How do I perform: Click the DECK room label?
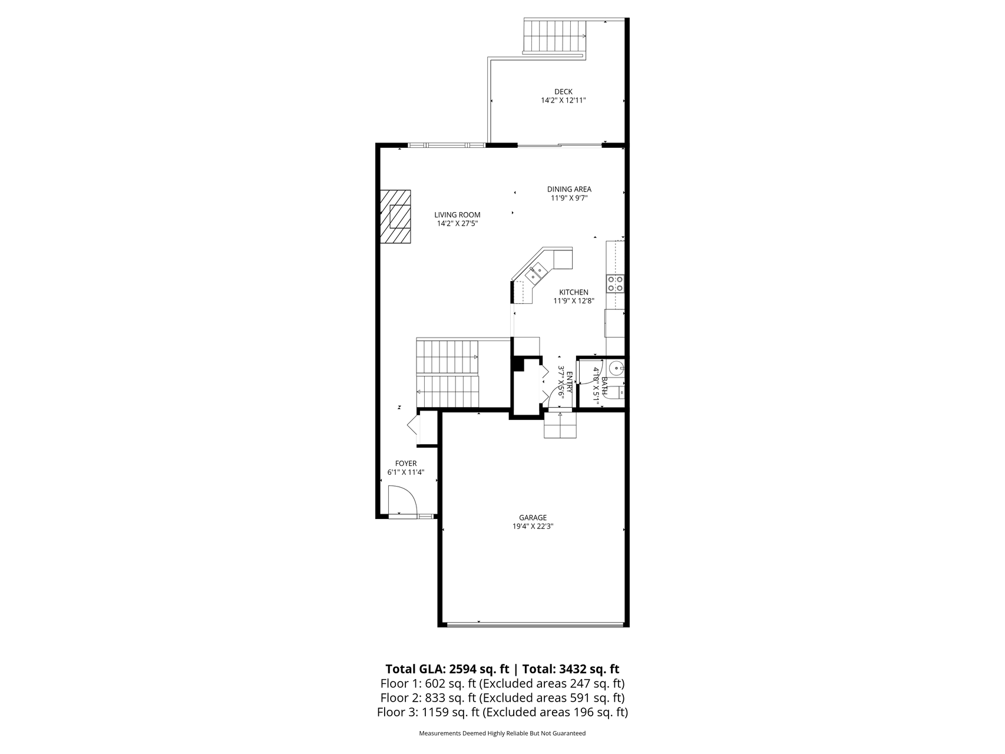563,91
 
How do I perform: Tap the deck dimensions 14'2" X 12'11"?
563,101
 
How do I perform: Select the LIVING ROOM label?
458,215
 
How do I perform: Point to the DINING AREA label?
569,189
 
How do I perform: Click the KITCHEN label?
574,292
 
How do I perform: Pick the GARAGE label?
533,518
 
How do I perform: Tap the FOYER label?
406,464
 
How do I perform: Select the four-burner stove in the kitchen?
616,284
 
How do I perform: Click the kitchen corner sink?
537,272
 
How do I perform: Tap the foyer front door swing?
403,500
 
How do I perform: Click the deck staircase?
555,36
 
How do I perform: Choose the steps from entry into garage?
560,425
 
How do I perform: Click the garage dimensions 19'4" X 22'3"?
533,527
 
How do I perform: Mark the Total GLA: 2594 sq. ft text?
447,669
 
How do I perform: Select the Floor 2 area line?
502,698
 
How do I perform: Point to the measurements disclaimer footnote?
502,734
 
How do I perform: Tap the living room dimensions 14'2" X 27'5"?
458,224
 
